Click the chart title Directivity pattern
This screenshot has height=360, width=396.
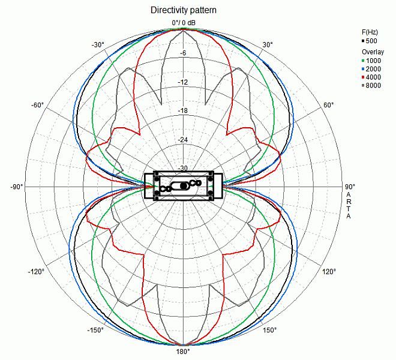pyautogui.click(x=183, y=11)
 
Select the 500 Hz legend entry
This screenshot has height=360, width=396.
pyautogui.click(x=371, y=41)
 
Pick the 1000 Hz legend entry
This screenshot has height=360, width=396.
pyautogui.click(x=372, y=60)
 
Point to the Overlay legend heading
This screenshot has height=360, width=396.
pyautogui.click(x=373, y=52)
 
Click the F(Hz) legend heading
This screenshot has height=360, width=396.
pyautogui.click(x=370, y=32)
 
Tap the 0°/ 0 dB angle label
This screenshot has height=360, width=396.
pyautogui.click(x=184, y=23)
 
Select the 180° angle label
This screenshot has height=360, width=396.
pyautogui.click(x=182, y=352)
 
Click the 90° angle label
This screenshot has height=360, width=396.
pyautogui.click(x=350, y=187)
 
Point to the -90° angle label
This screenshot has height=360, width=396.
pyautogui.click(x=16, y=187)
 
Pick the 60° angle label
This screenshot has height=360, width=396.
pyautogui.click(x=329, y=105)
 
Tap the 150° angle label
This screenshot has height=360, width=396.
pyautogui.click(x=269, y=330)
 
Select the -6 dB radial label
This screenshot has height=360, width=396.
pyautogui.click(x=183, y=53)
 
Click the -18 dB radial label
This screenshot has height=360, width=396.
pyautogui.click(x=183, y=110)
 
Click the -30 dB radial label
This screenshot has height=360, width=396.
pyautogui.click(x=183, y=169)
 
